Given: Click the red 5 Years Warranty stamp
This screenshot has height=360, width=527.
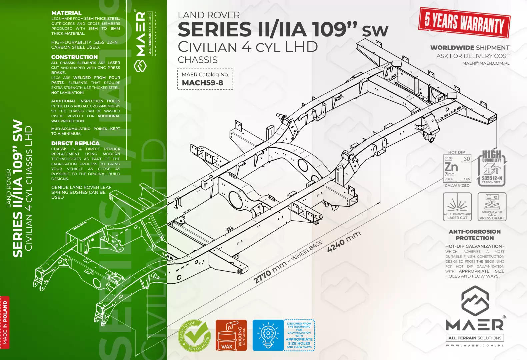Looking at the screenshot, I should [x=464, y=22].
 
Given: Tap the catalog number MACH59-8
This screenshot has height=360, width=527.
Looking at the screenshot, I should [x=202, y=83].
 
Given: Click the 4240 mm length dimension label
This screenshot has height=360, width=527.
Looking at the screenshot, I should [x=344, y=241].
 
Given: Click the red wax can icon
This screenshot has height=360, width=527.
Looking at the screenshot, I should [x=227, y=336].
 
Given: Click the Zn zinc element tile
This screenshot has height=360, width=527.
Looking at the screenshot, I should [x=457, y=168].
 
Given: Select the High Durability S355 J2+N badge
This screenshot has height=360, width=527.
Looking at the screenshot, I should [x=492, y=168].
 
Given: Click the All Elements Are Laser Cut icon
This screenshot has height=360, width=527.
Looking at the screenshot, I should [x=457, y=207].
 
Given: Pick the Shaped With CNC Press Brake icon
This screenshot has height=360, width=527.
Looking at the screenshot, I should [x=492, y=207].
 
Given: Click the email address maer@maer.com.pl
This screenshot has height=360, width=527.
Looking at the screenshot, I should [x=486, y=63].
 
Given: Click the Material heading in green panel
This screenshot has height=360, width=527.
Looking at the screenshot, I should [x=66, y=13].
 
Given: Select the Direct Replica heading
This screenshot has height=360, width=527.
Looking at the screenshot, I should [x=75, y=143].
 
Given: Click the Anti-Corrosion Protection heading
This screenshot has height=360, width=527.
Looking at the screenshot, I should [x=475, y=235].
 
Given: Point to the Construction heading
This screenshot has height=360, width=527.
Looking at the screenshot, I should [x=74, y=57].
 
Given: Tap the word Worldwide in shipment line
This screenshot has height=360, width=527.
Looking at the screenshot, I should [x=452, y=48].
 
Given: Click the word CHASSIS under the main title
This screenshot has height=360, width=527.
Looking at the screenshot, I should [x=198, y=60].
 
